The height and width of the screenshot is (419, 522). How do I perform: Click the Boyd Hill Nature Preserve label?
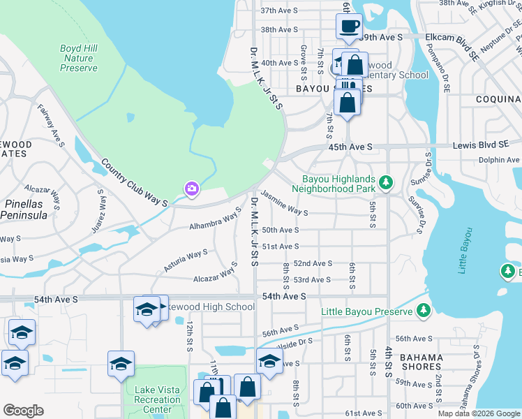(78, 58)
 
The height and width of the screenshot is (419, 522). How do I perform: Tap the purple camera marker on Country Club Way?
(191, 189)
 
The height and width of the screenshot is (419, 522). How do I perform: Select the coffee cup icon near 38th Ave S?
(350, 27)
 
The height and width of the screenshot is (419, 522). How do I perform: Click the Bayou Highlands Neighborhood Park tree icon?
(386, 184)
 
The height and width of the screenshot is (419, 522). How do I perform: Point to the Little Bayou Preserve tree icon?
(423, 311)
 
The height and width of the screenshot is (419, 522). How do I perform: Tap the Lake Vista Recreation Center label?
(156, 399)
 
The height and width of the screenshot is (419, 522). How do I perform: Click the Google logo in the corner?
(22, 411)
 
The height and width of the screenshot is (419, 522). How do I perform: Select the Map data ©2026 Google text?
(479, 413)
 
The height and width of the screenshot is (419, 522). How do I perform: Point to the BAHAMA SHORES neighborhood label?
(422, 361)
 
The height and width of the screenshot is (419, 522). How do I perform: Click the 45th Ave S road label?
(350, 147)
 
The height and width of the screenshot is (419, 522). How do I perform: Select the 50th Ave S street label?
(280, 230)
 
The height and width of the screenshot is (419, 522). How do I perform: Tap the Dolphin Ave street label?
(499, 160)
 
